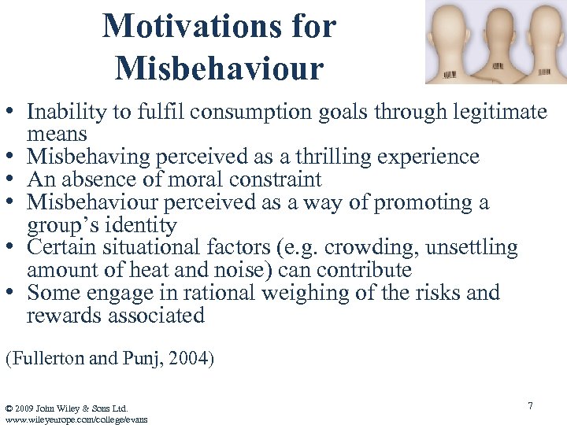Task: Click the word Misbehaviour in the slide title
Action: click(x=219, y=68)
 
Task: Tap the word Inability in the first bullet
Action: click(x=66, y=113)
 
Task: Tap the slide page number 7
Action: click(x=530, y=405)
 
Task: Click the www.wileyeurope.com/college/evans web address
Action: click(x=76, y=419)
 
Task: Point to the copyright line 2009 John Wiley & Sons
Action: click(x=67, y=408)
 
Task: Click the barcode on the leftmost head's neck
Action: click(x=449, y=75)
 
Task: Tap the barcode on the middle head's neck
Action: click(x=498, y=72)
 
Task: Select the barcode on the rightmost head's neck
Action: click(x=544, y=72)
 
